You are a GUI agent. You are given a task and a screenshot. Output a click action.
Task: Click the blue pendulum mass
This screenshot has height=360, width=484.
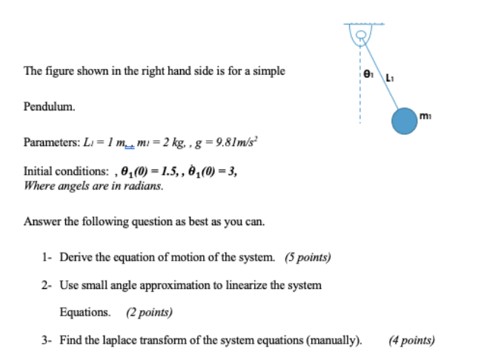(405, 121)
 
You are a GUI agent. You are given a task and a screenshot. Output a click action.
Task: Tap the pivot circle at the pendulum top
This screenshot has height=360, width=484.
(362, 34)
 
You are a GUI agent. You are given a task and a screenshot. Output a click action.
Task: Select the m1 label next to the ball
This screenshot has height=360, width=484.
(424, 114)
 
